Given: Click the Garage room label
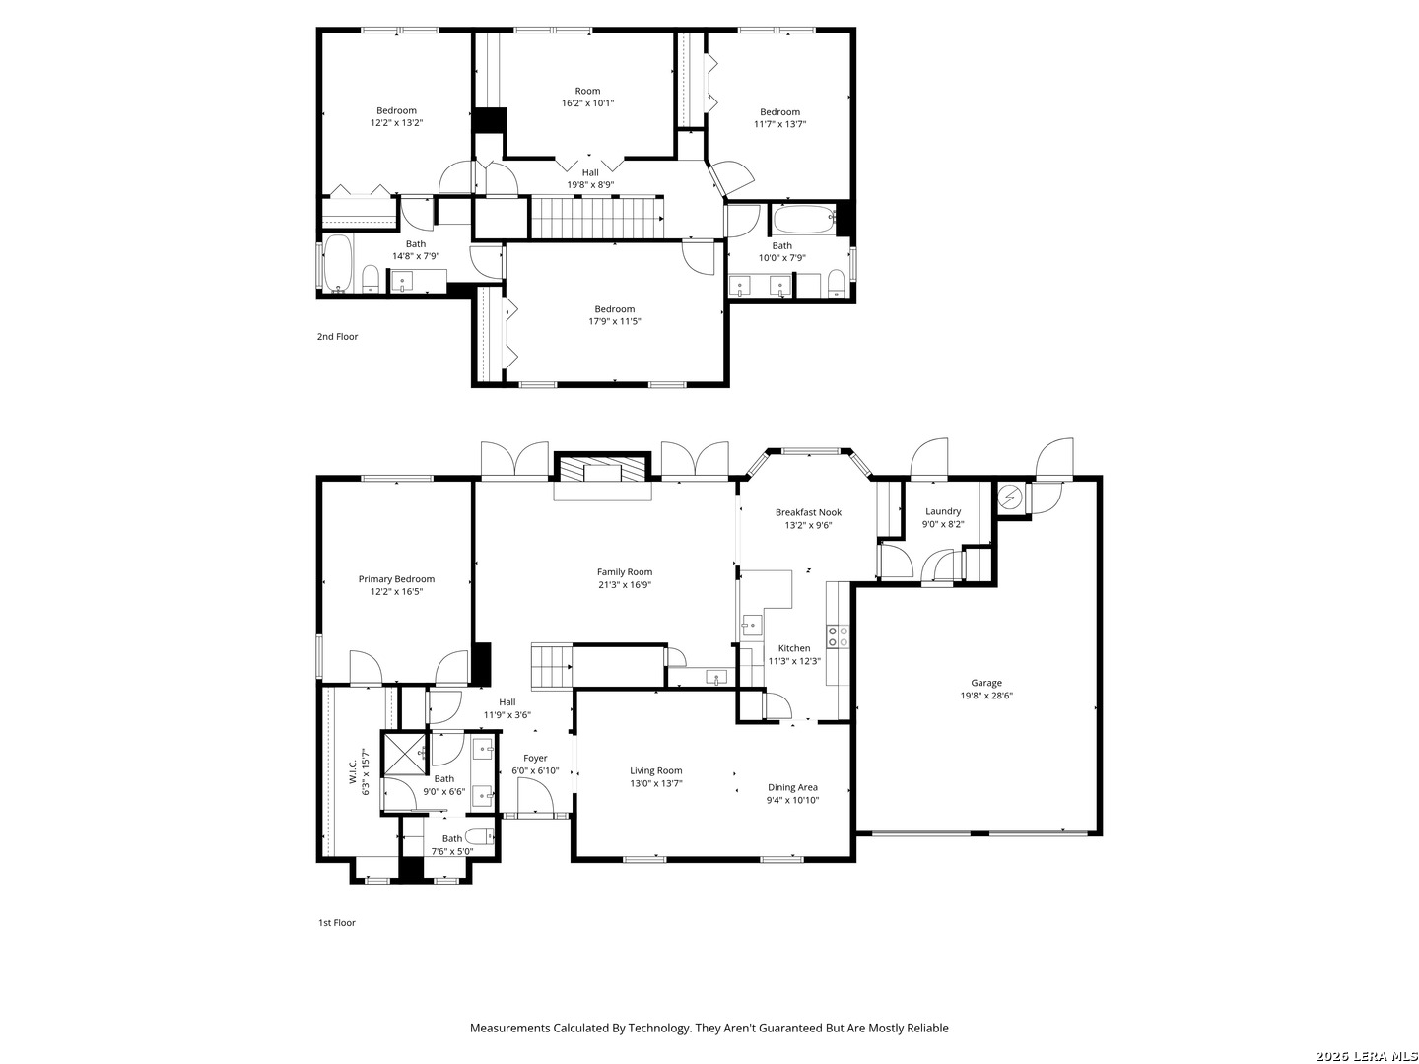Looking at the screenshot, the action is pyautogui.click(x=985, y=683).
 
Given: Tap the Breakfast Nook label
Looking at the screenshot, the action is pyautogui.click(x=808, y=512).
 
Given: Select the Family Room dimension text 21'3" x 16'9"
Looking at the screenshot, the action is pyautogui.click(x=624, y=584).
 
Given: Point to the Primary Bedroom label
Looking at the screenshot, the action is pyautogui.click(x=396, y=579).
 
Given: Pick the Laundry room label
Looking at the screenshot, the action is pyautogui.click(x=943, y=511).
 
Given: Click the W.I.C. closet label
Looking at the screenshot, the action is pyautogui.click(x=354, y=771).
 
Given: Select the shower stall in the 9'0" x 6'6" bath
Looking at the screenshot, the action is pyautogui.click(x=404, y=754).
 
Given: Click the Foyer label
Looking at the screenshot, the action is pyautogui.click(x=535, y=758).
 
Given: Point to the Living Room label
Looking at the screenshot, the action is pyautogui.click(x=655, y=770).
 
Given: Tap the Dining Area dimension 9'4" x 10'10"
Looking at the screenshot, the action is pyautogui.click(x=792, y=800).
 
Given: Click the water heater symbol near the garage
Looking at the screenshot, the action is pyautogui.click(x=1008, y=498).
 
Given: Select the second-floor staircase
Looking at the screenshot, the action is pyautogui.click(x=597, y=218).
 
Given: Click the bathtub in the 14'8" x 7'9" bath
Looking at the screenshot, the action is pyautogui.click(x=337, y=264).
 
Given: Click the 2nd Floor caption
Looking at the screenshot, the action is pyautogui.click(x=337, y=337).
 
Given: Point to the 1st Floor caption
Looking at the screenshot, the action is pyautogui.click(x=336, y=922).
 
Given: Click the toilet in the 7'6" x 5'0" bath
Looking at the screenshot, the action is pyautogui.click(x=479, y=836).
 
